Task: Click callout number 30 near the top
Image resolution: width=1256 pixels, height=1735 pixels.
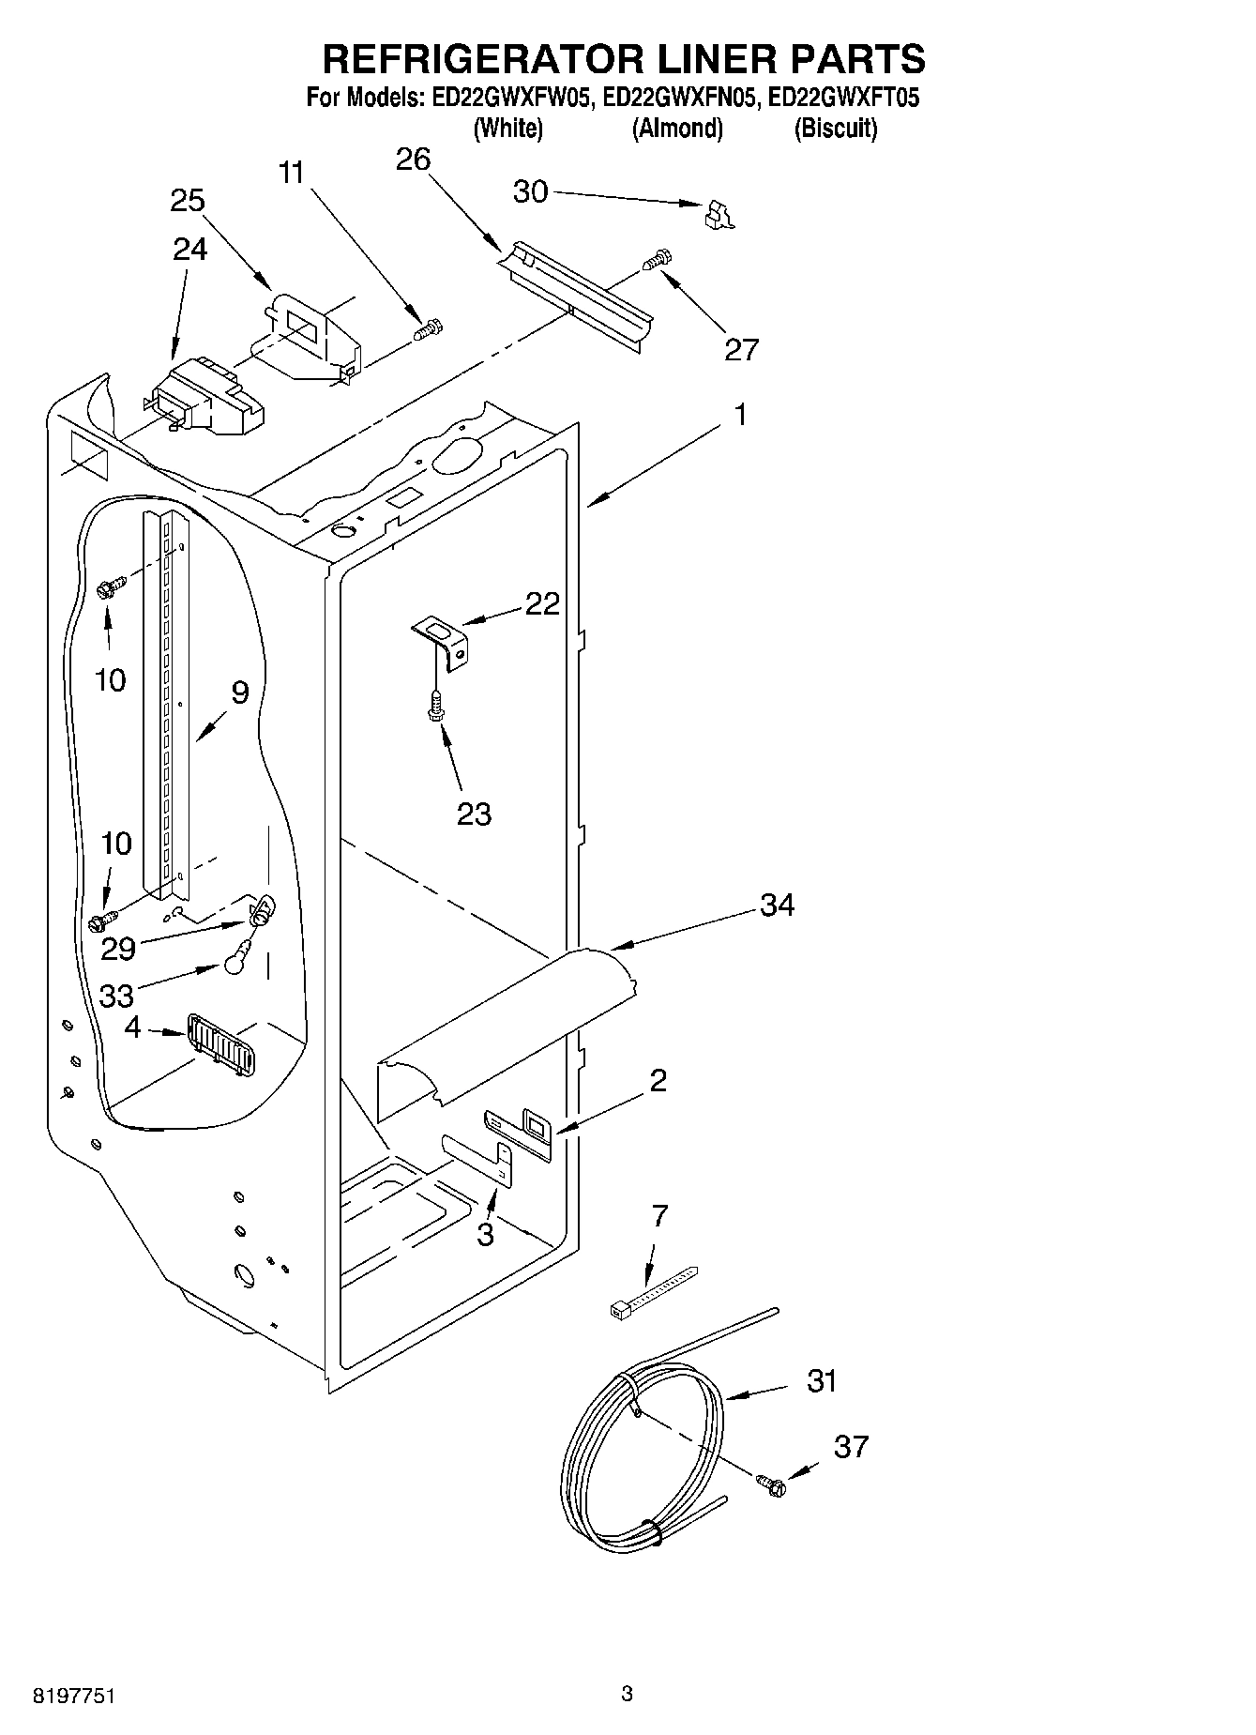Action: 530,191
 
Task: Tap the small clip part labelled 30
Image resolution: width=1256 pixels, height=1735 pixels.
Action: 719,215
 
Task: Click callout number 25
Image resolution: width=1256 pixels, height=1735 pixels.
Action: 188,200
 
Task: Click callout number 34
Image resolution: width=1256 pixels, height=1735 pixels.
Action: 777,905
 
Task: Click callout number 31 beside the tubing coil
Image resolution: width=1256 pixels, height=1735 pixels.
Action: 822,1381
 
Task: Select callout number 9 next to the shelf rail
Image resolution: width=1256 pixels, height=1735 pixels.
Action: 240,692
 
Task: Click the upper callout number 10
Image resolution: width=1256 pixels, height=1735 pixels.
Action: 111,679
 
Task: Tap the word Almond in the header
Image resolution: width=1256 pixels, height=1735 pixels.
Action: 677,129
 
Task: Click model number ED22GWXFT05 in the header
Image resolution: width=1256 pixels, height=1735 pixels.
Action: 843,99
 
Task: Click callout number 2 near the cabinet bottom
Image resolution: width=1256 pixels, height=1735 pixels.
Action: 658,1080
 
